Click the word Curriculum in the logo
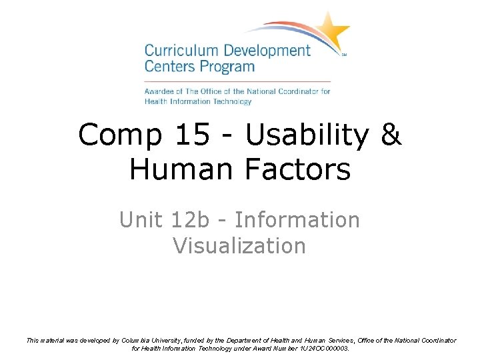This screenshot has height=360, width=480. (x=174, y=51)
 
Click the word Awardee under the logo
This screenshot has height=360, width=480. (x=161, y=91)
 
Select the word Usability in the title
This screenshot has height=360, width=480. (x=307, y=135)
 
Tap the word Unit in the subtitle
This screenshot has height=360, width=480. (x=140, y=219)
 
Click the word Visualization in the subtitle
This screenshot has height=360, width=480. (x=239, y=245)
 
